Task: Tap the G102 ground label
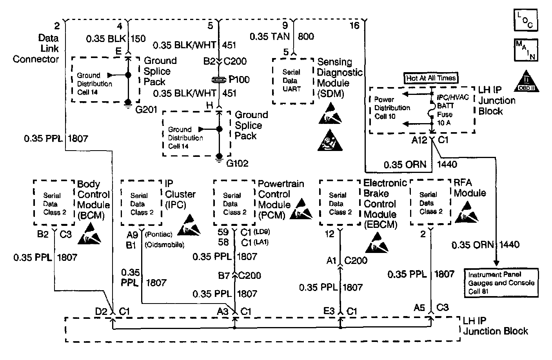237,163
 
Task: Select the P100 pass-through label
239,80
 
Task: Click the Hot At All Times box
431,78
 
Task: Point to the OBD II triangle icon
527,82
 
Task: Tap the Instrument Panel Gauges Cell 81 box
501,283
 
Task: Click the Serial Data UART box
292,81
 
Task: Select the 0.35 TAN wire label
270,36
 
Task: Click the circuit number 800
306,36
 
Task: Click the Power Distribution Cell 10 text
392,107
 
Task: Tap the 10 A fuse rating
444,123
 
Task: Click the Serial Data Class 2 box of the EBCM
340,203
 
